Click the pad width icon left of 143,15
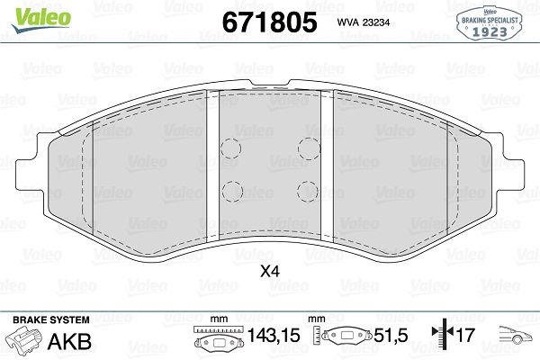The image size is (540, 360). [213, 342]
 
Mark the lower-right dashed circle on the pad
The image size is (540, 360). [308, 190]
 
